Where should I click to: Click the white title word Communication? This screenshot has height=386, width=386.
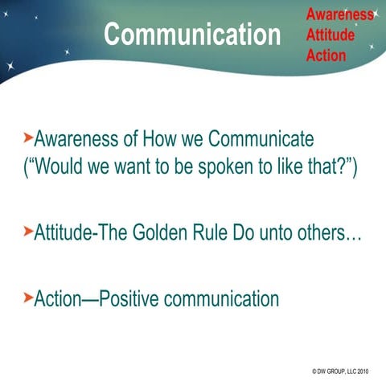pyautogui.click(x=192, y=35)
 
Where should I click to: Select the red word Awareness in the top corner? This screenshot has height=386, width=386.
pyautogui.click(x=339, y=14)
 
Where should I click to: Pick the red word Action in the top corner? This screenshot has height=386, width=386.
pyautogui.click(x=326, y=55)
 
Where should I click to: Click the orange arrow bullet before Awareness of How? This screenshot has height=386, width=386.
pyautogui.click(x=28, y=139)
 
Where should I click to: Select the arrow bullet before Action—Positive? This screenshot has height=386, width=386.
pyautogui.click(x=28, y=299)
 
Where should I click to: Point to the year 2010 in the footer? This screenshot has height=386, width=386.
pyautogui.click(x=363, y=372)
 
